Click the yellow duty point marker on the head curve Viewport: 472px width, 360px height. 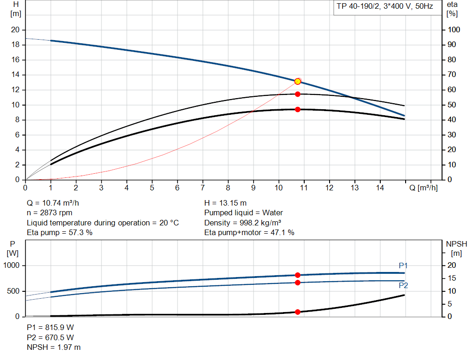click(x=298, y=82)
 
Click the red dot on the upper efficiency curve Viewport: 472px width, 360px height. click(x=298, y=94)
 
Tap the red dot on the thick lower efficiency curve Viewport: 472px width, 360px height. click(x=298, y=109)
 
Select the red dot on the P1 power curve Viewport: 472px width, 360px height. click(x=298, y=275)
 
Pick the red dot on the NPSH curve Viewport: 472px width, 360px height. click(x=298, y=312)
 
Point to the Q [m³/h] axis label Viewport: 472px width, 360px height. click(x=423, y=188)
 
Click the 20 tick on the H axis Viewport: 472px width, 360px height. click(x=15, y=30)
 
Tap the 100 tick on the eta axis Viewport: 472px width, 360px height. click(x=454, y=30)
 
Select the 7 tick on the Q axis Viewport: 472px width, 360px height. click(x=203, y=188)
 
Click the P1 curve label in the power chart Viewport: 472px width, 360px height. click(x=403, y=266)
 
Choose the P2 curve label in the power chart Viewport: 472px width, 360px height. click(x=403, y=286)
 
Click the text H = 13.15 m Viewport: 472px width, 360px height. click(x=225, y=203)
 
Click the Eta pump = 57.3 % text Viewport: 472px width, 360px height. click(x=60, y=233)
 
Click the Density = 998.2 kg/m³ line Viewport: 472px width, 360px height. click(x=243, y=223)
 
